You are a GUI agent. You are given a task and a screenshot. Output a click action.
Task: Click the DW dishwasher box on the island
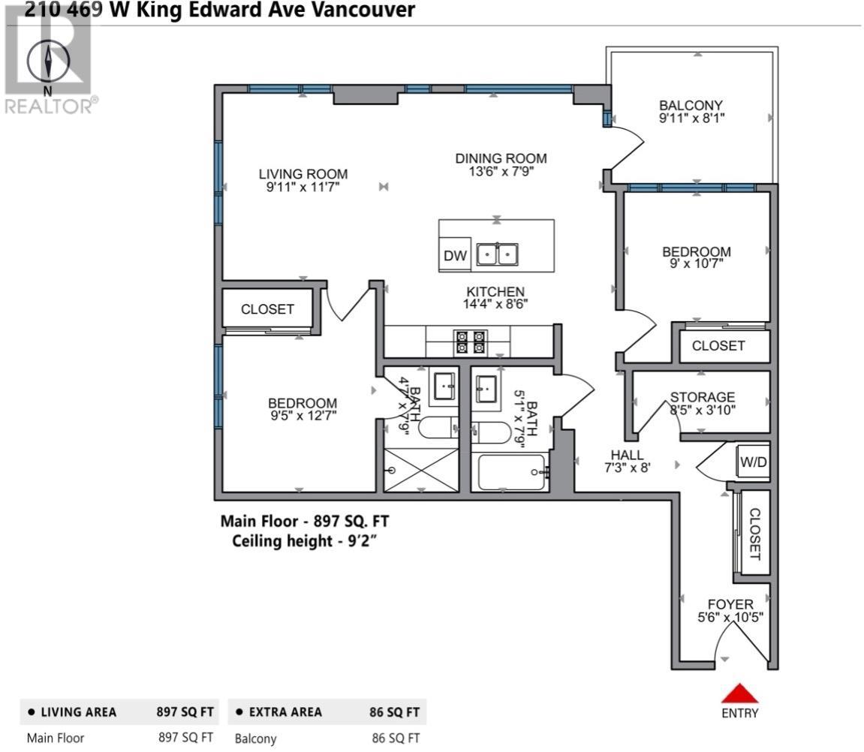pos(455,256)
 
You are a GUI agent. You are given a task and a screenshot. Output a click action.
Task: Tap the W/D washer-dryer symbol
pos(754,462)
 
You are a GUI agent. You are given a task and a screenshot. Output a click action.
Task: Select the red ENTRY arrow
pos(740,693)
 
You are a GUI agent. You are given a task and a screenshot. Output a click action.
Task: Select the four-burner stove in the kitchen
pos(471,342)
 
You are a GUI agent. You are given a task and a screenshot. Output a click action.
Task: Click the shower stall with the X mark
pos(420,471)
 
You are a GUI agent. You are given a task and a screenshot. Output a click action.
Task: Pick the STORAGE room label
pos(702,397)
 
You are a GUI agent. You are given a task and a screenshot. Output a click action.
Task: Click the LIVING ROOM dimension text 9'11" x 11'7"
pos(303,188)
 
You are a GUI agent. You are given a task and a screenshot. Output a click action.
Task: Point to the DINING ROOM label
pos(501,158)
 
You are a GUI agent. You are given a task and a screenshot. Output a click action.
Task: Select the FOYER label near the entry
pos(730,604)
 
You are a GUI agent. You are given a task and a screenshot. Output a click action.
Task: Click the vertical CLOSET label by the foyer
pos(754,534)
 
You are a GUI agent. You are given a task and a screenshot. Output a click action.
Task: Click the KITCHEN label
pos(495,292)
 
